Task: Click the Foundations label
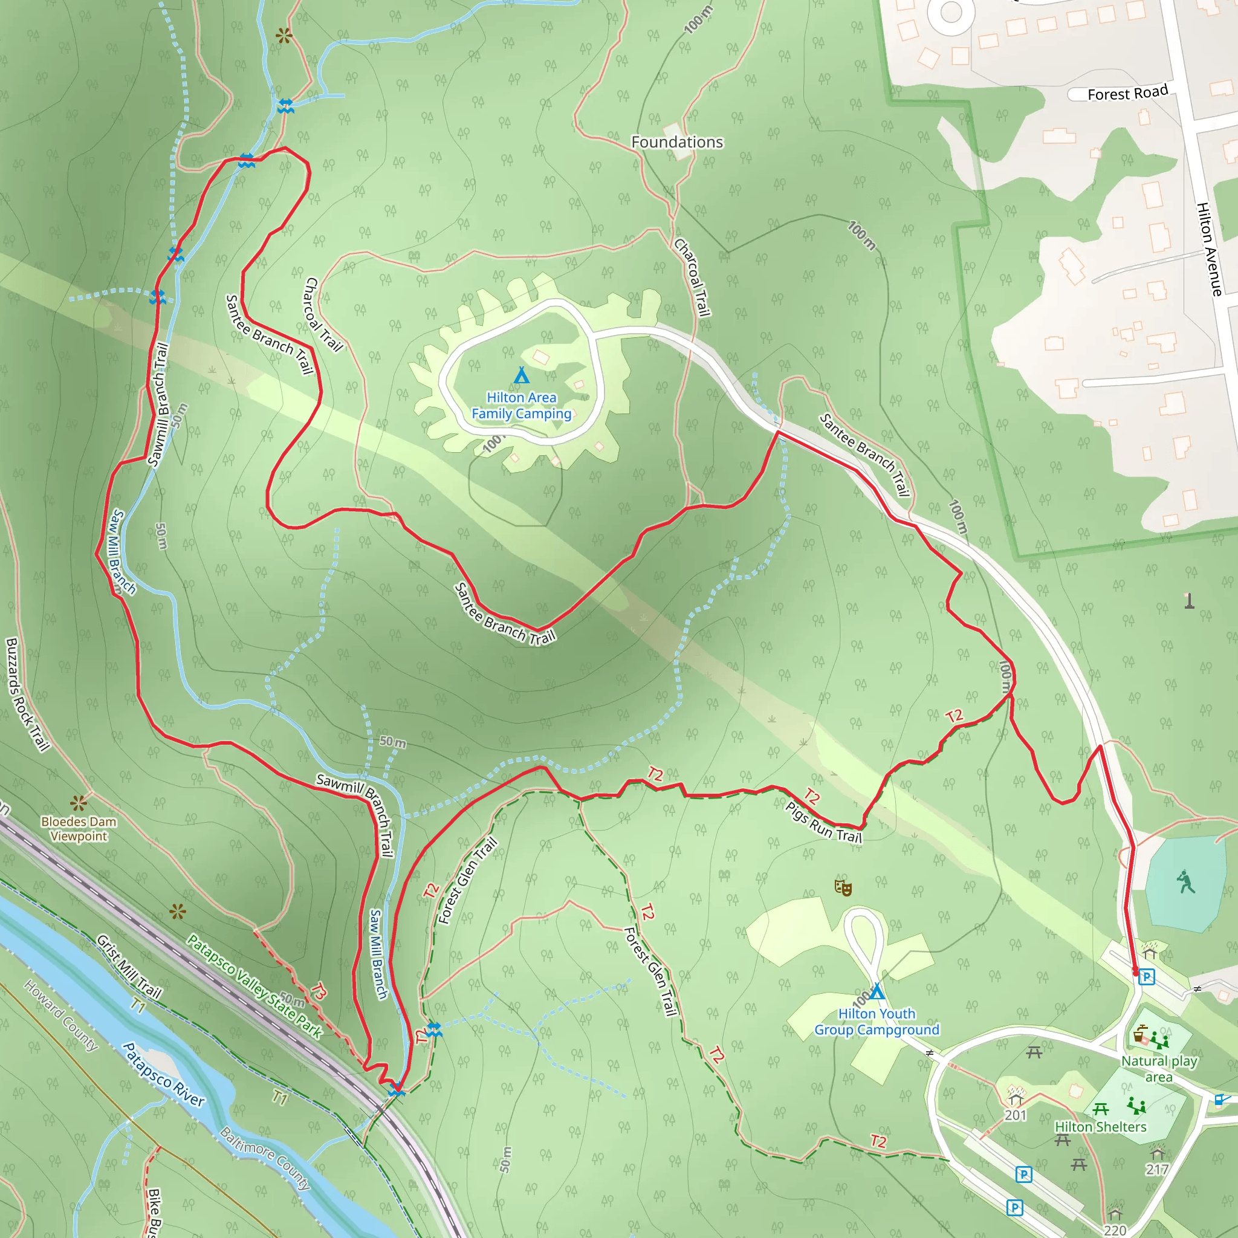click(x=676, y=142)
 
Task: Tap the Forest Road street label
click(x=1127, y=93)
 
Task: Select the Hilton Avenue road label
click(x=1209, y=249)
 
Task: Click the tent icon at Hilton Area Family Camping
click(x=522, y=374)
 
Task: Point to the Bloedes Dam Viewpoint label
click(x=79, y=829)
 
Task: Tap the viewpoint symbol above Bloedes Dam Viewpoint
click(x=79, y=802)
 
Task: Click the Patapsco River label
click(x=163, y=1075)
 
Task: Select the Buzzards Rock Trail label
click(x=27, y=694)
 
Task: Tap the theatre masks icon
click(x=843, y=887)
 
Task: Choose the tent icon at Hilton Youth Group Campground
click(x=877, y=992)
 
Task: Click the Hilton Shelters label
click(x=1100, y=1127)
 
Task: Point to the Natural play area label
click(x=1159, y=1069)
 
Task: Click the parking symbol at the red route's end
click(x=1146, y=977)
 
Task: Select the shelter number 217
click(x=1156, y=1170)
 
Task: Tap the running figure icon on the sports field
click(x=1185, y=883)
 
